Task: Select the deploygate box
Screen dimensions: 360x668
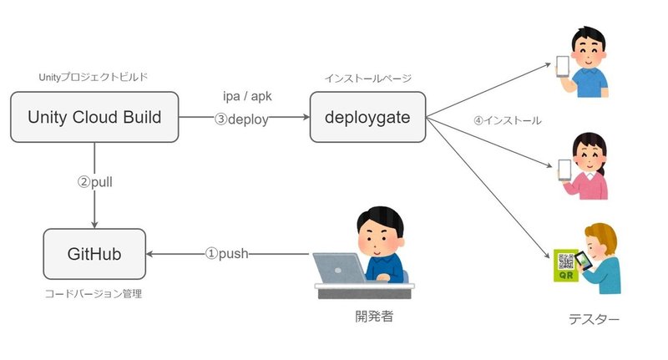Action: click(368, 118)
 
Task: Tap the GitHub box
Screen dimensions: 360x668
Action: click(94, 254)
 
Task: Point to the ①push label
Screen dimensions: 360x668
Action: click(227, 253)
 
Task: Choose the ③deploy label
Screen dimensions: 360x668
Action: click(241, 119)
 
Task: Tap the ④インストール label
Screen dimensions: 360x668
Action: click(507, 120)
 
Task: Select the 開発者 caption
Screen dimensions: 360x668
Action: click(367, 317)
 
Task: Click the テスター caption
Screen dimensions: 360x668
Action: click(594, 318)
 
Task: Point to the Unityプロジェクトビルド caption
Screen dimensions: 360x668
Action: click(94, 77)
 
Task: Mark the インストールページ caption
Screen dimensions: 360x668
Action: click(367, 78)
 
